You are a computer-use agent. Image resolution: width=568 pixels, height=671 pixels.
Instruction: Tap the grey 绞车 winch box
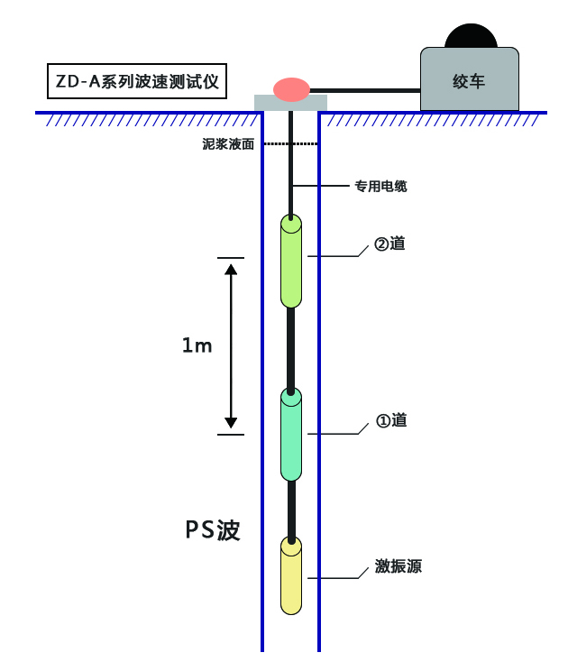click(x=469, y=80)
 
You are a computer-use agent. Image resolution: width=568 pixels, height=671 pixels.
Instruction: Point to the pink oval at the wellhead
click(x=291, y=88)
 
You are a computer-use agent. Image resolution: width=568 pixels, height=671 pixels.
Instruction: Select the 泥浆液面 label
click(x=228, y=143)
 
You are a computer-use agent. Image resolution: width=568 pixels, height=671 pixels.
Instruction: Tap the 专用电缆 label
click(x=380, y=187)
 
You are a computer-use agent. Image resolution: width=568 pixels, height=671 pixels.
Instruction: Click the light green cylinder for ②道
click(x=290, y=262)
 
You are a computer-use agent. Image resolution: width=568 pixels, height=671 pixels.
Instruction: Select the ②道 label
click(x=390, y=244)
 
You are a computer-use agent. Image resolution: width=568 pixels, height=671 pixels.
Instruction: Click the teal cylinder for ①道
click(x=290, y=437)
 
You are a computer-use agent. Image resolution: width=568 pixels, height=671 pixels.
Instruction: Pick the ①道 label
click(x=390, y=420)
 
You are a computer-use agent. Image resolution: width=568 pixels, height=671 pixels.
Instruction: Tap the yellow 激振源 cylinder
click(x=290, y=577)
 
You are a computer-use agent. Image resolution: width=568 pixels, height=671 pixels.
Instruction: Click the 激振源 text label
click(x=399, y=567)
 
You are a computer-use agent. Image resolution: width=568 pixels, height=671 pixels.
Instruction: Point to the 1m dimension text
click(x=197, y=345)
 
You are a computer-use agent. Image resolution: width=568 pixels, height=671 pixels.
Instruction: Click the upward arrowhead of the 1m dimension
click(x=231, y=269)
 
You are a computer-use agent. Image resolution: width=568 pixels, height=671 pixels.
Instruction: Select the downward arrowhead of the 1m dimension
click(x=231, y=421)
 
